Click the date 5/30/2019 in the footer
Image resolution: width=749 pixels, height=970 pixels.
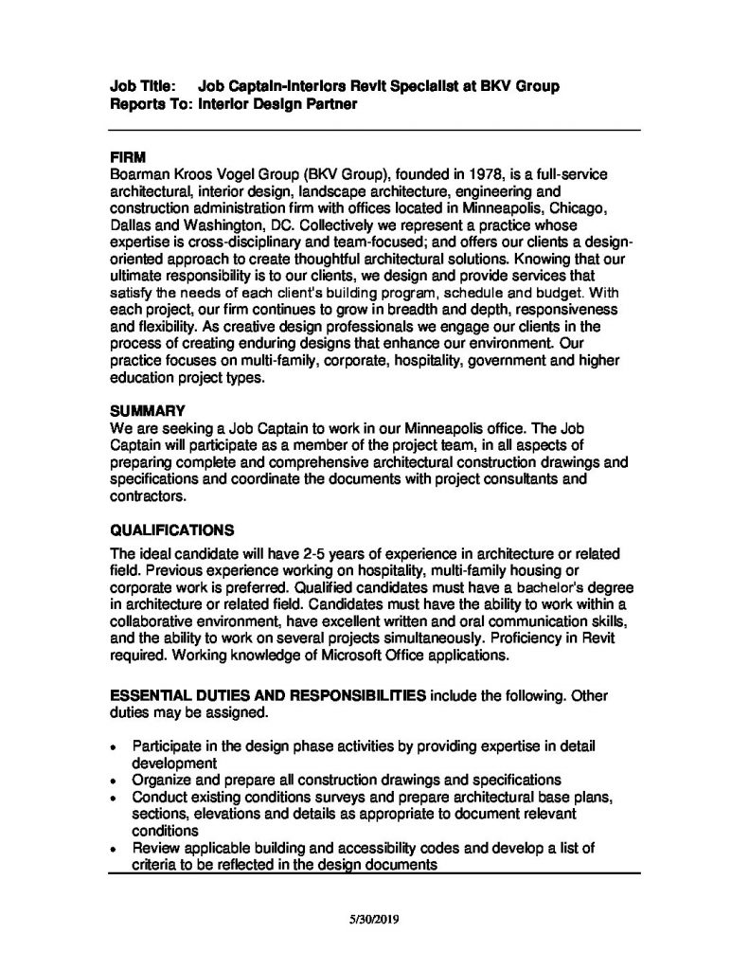(374, 919)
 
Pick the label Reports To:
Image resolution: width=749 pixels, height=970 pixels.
(151, 104)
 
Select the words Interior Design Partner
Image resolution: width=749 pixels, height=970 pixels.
(277, 104)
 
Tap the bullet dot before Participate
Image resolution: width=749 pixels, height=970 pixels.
(113, 747)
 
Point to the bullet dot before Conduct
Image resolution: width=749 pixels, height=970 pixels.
(113, 799)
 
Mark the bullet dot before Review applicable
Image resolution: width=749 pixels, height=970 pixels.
(113, 849)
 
